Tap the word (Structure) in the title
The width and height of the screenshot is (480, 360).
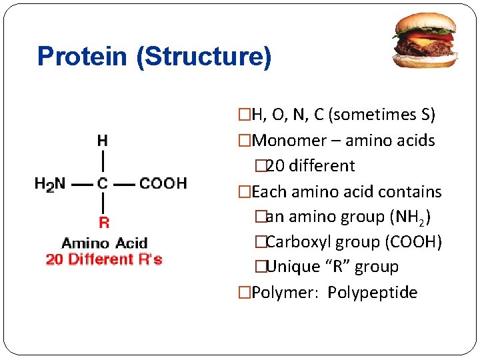(203, 57)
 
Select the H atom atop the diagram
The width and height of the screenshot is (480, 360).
(103, 141)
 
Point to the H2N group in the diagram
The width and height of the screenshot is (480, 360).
(50, 184)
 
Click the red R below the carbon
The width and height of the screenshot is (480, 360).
(103, 223)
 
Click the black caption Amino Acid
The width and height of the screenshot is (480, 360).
(104, 243)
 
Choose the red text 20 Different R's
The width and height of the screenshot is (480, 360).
(104, 259)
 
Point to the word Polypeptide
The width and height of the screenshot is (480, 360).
(373, 293)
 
